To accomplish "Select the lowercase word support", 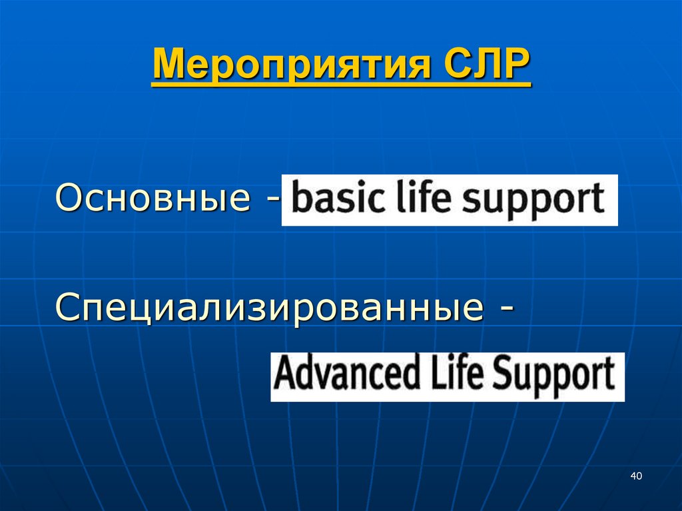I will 545,200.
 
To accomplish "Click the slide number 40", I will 635,476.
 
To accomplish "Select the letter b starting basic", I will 300,199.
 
